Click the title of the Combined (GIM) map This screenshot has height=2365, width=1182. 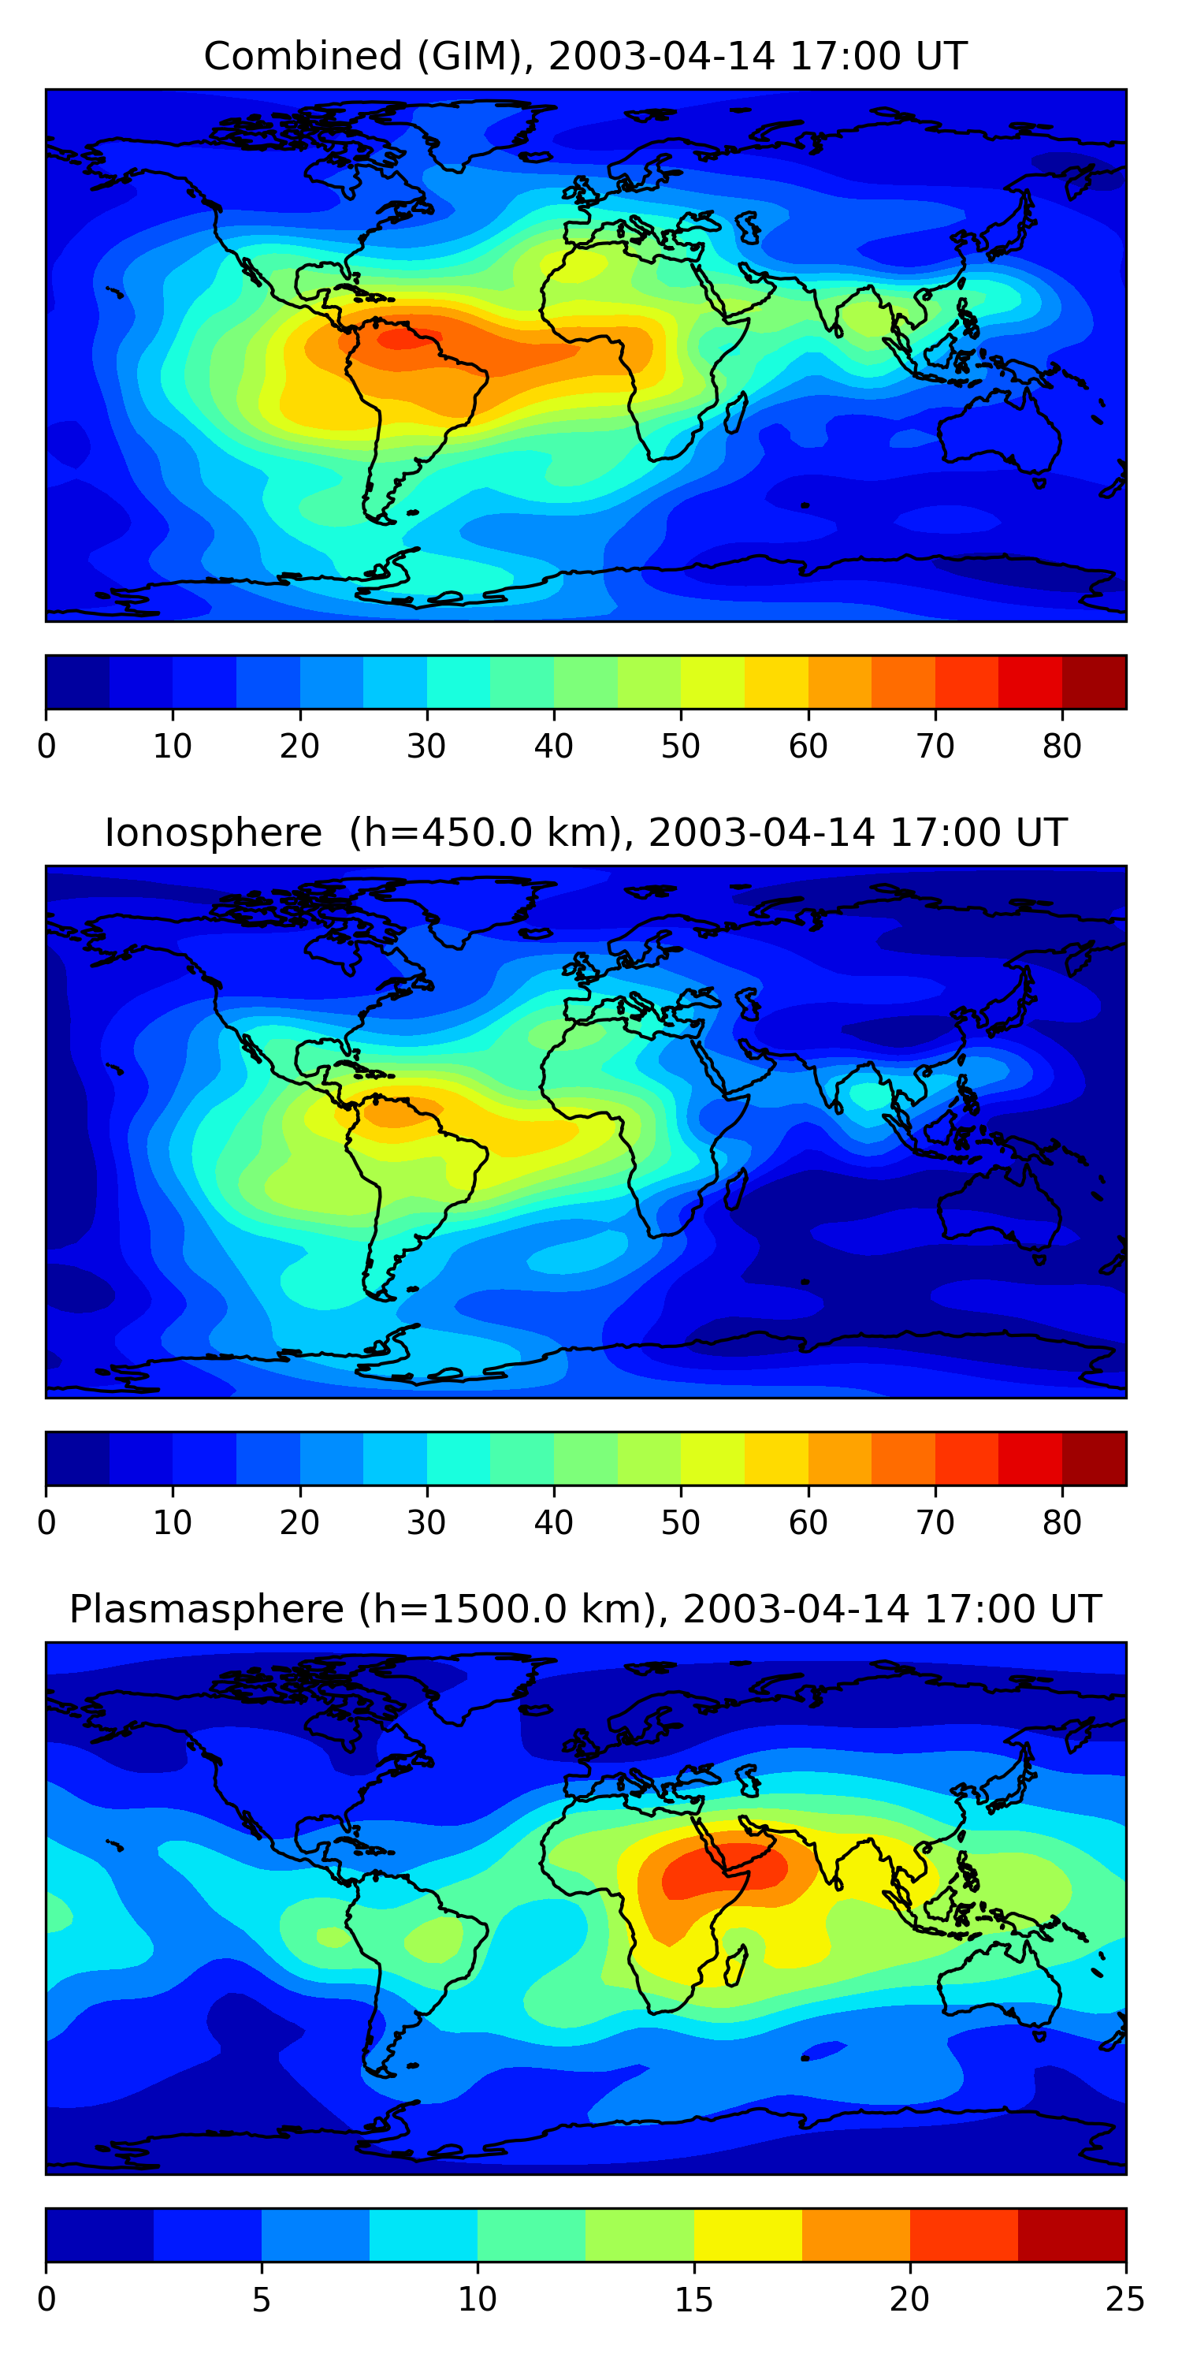(x=585, y=56)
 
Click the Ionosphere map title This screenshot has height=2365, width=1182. (x=585, y=832)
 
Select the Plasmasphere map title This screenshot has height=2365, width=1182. (x=585, y=1610)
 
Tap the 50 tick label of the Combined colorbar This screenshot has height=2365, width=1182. (x=680, y=747)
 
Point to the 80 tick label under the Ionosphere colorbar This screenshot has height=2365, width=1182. (x=1061, y=1523)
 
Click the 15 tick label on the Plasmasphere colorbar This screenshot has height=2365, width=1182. (x=693, y=2300)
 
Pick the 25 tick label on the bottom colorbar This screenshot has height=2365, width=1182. (x=1124, y=2300)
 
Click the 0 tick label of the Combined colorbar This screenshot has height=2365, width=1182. (x=46, y=747)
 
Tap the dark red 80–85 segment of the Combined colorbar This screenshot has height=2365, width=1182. (x=1094, y=681)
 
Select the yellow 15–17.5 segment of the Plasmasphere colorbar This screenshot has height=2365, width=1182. (x=748, y=2235)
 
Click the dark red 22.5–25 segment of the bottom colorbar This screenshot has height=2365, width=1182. (x=1072, y=2235)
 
